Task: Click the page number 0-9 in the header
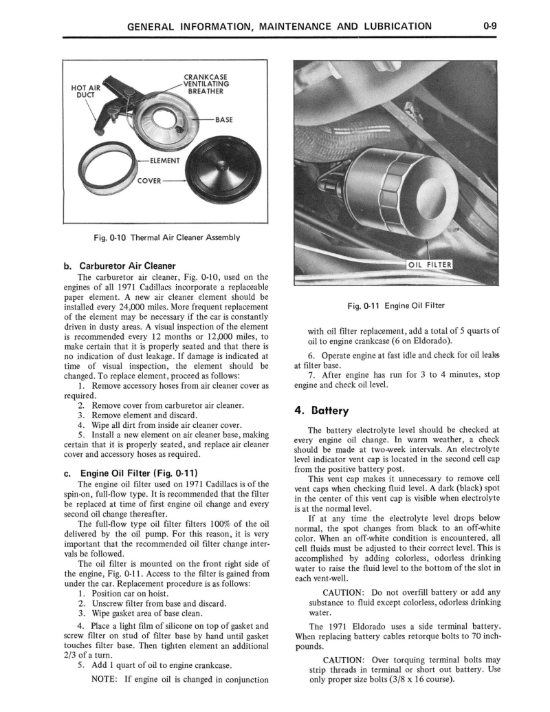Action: (490, 27)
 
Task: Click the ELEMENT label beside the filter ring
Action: (162, 161)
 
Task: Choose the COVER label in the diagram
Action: (148, 181)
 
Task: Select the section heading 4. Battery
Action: (322, 411)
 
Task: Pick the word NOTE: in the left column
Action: (106, 680)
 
